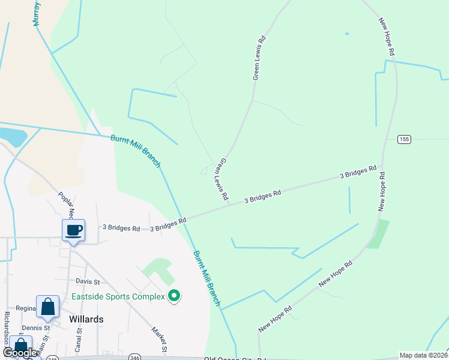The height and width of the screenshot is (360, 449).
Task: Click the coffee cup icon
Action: pyautogui.click(x=73, y=230)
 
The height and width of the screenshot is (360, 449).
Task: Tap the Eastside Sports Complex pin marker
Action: pyautogui.click(x=174, y=296)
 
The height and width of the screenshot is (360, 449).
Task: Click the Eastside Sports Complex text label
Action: pyautogui.click(x=118, y=296)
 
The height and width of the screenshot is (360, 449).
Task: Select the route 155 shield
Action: pyautogui.click(x=404, y=139)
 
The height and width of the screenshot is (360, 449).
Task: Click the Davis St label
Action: pyautogui.click(x=88, y=281)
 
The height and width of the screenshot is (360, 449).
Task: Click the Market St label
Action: pyautogui.click(x=159, y=340)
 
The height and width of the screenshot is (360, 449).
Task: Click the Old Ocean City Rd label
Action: pyautogui.click(x=234, y=358)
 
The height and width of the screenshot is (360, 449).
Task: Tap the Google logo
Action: pyautogui.click(x=20, y=353)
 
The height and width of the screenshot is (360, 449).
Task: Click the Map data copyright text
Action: pyautogui.click(x=423, y=355)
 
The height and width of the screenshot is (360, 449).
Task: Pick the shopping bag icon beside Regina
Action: pyautogui.click(x=47, y=307)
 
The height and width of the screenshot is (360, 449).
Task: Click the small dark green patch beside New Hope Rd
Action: pyautogui.click(x=378, y=234)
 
